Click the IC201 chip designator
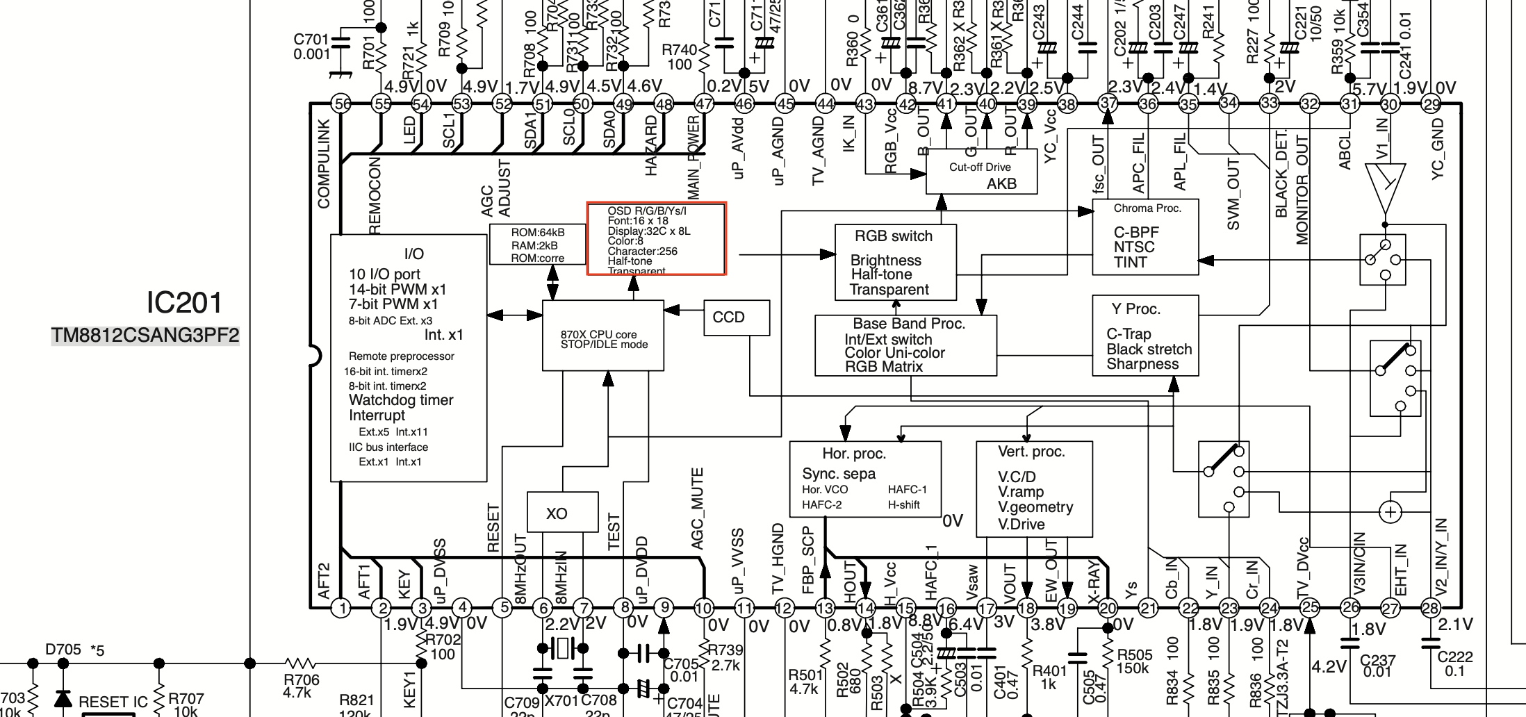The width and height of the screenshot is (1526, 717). [x=184, y=303]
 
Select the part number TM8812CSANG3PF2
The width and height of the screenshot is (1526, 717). [x=145, y=336]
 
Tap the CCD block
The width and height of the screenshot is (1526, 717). [x=736, y=318]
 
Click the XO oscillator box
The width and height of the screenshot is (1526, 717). [x=562, y=513]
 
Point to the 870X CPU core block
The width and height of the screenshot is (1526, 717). [x=602, y=336]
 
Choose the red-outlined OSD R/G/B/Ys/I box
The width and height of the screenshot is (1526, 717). [x=656, y=239]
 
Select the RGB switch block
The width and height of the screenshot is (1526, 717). [x=895, y=263]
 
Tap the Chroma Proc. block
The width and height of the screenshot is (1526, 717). [x=1144, y=237]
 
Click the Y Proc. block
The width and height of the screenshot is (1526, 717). [x=1144, y=336]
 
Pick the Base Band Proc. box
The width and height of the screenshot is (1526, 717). [x=905, y=345]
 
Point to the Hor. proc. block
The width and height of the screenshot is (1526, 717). [x=864, y=478]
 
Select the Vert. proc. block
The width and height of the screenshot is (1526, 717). [x=1033, y=488]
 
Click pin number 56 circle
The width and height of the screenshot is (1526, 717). [x=341, y=104]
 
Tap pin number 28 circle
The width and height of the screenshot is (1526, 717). [x=1430, y=609]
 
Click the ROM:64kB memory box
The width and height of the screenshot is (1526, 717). [x=537, y=245]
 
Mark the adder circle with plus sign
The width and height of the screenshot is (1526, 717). [x=1390, y=513]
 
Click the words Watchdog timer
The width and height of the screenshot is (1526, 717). [x=401, y=400]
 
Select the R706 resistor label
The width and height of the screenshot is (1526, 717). [x=301, y=686]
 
